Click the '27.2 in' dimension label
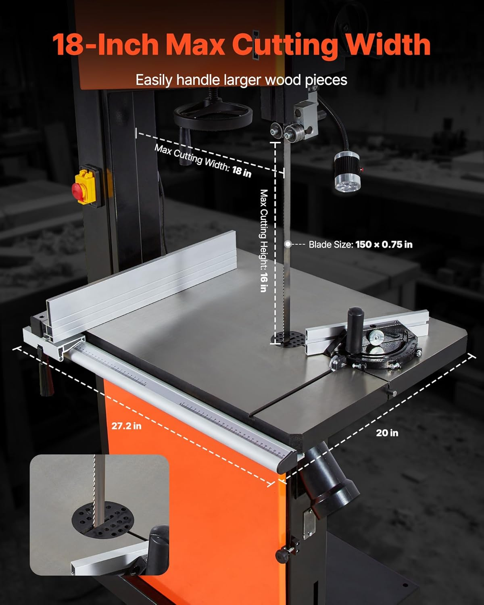coord(126,426)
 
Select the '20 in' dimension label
coord(387,433)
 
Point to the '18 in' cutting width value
coord(242,171)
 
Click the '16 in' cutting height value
coord(264,283)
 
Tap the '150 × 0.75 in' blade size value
coord(384,244)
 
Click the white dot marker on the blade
coord(288,244)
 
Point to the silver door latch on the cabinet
coord(309,524)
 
